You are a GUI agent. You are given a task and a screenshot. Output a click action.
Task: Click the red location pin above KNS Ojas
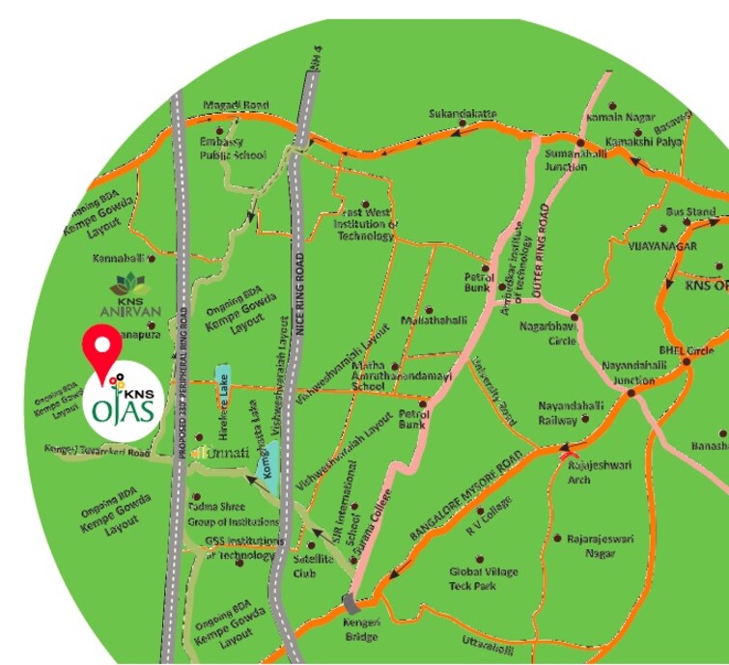coord(100,349)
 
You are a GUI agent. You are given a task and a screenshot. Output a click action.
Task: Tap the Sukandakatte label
coord(463,115)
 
